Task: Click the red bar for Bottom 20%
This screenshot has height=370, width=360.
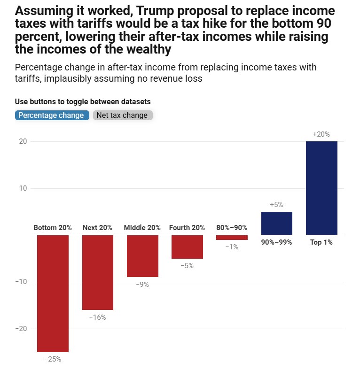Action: tap(53, 293)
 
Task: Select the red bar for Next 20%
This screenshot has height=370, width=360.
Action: tap(98, 272)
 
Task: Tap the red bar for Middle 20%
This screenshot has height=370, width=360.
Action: tap(142, 256)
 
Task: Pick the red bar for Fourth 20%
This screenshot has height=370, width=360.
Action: tap(187, 247)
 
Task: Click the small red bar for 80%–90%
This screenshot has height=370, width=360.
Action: tap(232, 238)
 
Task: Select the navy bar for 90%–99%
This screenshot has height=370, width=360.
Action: tap(276, 224)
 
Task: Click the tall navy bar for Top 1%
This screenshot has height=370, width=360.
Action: tap(321, 188)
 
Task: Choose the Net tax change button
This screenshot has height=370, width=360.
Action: tap(122, 115)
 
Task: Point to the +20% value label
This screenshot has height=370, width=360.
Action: tap(321, 134)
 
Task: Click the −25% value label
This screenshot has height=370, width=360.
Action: tap(53, 359)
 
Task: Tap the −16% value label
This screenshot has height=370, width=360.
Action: tap(98, 317)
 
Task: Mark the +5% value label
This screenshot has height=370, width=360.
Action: tap(276, 205)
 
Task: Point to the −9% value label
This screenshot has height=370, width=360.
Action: tap(142, 285)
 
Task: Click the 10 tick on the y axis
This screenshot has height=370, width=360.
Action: tap(22, 188)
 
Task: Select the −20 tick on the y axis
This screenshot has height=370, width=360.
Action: tap(20, 329)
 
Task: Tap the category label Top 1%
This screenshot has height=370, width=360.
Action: tap(321, 242)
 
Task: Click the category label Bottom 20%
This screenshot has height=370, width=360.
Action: tap(53, 228)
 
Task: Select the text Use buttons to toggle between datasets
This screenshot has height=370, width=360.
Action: tap(83, 101)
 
